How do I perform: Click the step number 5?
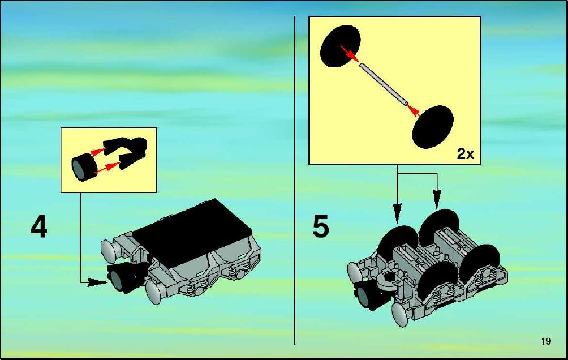coord(321,226)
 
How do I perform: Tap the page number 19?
coord(547,341)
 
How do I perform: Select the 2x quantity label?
coord(465,154)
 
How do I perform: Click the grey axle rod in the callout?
coord(384,84)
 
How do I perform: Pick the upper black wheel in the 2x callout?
coord(340,46)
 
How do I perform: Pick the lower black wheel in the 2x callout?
coord(433,127)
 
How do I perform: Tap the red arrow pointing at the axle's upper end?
coord(350,54)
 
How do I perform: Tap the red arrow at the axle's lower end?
coord(415,110)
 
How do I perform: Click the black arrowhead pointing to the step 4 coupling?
coord(98,282)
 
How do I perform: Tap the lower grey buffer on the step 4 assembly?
coord(155,292)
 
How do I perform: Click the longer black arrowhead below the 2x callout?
coord(397,213)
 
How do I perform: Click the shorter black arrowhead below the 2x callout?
coord(437,199)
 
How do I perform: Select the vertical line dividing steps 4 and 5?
coord(295,180)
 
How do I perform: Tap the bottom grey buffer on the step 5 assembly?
coord(401,314)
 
